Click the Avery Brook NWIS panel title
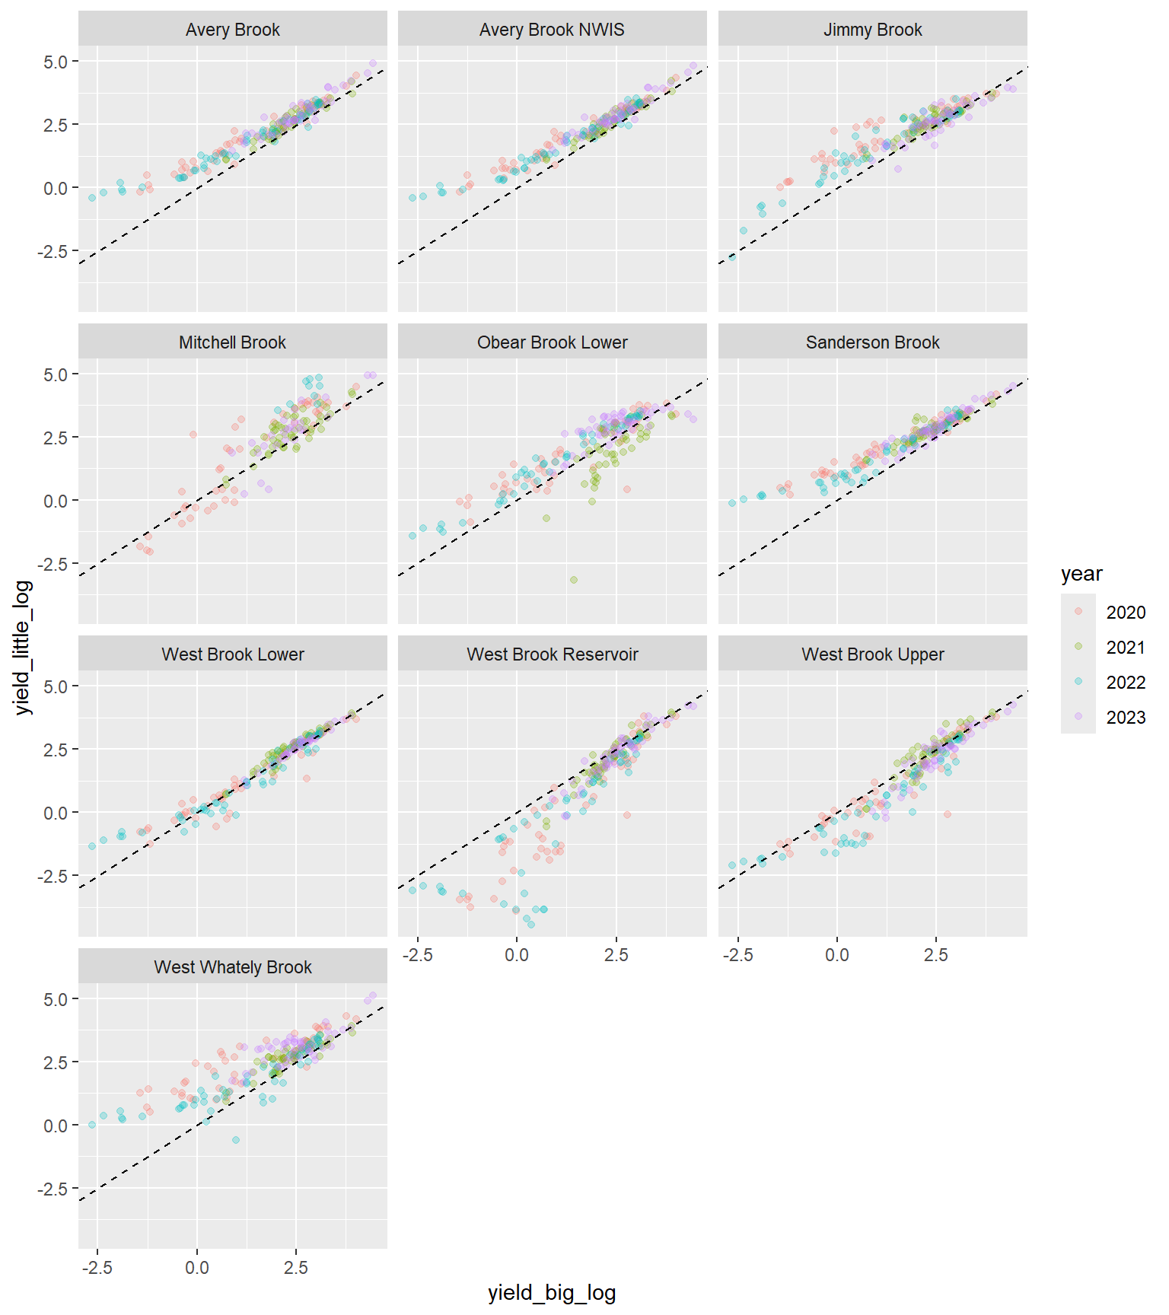tap(552, 30)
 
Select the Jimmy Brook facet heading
tap(872, 30)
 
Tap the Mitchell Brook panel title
tap(232, 342)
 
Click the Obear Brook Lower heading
tap(552, 342)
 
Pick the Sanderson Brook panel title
tap(872, 342)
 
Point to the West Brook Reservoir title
tap(552, 654)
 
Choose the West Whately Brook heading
tap(232, 967)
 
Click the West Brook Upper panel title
tap(872, 654)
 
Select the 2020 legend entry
tap(1126, 613)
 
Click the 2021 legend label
tap(1126, 648)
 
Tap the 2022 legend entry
tap(1126, 683)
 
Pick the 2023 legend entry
tap(1126, 718)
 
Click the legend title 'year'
tap(1081, 575)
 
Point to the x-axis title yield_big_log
tap(552, 1293)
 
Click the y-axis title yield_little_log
tap(23, 647)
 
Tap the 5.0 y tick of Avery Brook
tap(56, 62)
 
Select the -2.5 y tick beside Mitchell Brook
tap(53, 564)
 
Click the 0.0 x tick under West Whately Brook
tap(197, 1268)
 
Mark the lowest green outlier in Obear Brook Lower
tap(574, 580)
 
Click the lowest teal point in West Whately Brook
tap(236, 1140)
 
